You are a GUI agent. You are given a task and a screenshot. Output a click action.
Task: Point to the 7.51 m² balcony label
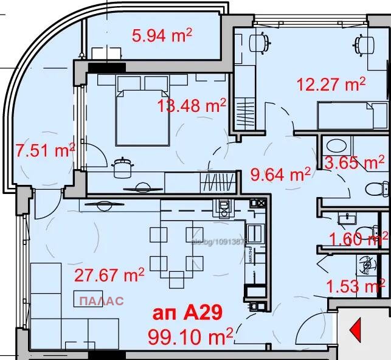point(44,149)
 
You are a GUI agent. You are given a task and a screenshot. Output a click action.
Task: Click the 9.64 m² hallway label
point(281,175)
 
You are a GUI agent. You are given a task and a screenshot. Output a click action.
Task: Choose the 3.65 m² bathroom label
point(355,163)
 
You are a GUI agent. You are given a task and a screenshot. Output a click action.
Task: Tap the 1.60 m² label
point(357,238)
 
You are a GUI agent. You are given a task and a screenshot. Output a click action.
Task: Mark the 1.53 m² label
point(355,285)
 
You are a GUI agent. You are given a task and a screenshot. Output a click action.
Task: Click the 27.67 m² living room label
point(109,275)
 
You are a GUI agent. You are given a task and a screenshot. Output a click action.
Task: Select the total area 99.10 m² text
point(190,334)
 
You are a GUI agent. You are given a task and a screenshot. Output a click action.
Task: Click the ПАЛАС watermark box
point(100,300)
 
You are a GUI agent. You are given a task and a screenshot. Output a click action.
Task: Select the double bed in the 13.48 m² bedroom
point(142,116)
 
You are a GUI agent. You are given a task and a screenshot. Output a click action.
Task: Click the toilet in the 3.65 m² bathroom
point(378,189)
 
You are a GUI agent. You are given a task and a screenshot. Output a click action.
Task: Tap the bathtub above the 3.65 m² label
point(336,146)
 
